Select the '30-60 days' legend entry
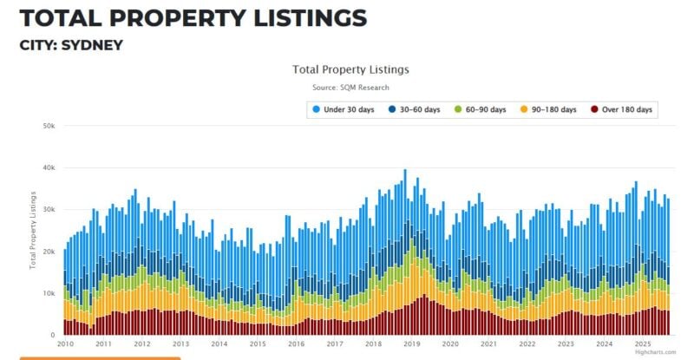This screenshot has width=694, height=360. (x=415, y=109)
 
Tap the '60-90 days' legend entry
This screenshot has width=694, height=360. (x=485, y=109)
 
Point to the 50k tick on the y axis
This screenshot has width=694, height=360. (x=49, y=126)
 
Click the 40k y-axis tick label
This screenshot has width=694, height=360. (x=49, y=167)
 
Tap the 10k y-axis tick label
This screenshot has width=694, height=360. (x=49, y=293)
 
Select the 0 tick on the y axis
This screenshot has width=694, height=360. (x=53, y=335)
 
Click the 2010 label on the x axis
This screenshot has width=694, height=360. (x=64, y=344)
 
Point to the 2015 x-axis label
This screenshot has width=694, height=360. (x=258, y=344)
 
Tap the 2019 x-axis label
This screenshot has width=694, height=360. (x=412, y=344)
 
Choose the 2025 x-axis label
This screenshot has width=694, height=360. (x=642, y=344)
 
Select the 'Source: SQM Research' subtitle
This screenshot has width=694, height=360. (x=350, y=88)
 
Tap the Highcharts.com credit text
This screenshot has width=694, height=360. (x=654, y=352)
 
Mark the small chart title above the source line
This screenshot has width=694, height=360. (x=350, y=69)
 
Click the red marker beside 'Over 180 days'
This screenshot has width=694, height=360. (x=594, y=109)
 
